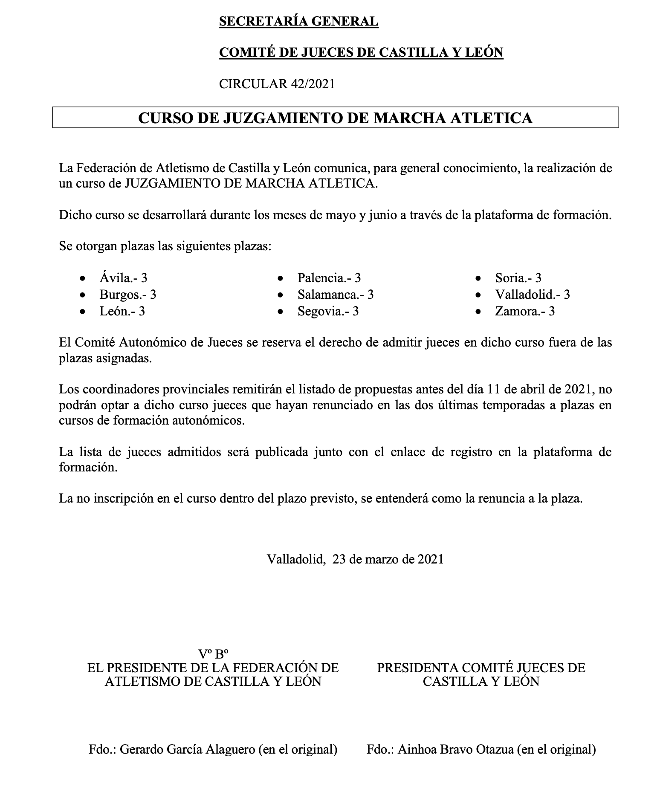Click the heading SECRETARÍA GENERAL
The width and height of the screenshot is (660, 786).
tap(298, 21)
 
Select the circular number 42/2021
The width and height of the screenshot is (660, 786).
tap(313, 84)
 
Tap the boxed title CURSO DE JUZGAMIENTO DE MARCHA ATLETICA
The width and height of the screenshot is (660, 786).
tap(335, 118)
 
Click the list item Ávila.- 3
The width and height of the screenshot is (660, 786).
tap(123, 278)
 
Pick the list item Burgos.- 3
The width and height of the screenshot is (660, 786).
tap(128, 295)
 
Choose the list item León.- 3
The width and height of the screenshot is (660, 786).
tap(122, 311)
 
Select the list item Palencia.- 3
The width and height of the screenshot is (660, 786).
tap(329, 278)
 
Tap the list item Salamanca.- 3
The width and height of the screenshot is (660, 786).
tap(336, 295)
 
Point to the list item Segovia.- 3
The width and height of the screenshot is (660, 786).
tap(328, 311)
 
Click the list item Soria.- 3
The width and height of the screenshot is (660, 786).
tap(518, 278)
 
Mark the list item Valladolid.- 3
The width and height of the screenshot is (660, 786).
tap(533, 295)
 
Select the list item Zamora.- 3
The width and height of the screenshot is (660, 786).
tap(525, 311)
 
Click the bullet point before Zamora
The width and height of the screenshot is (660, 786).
tap(479, 312)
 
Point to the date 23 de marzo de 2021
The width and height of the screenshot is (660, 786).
tap(388, 559)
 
